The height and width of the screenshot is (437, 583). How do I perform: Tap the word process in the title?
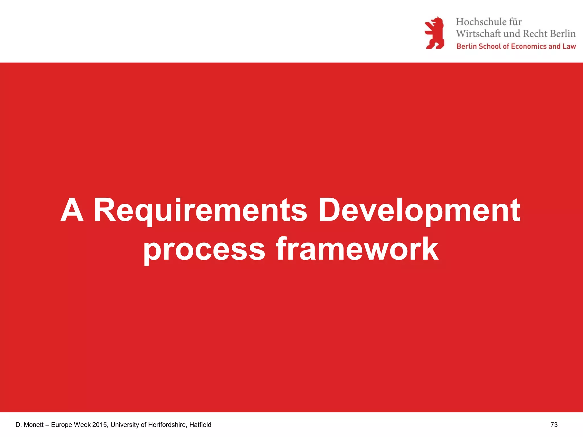(204, 250)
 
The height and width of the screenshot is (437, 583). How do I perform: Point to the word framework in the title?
(357, 250)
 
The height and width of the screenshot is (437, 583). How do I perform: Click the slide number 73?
(554, 425)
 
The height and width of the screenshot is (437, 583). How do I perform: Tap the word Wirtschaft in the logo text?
(478, 34)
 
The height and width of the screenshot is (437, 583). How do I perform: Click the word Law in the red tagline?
(569, 46)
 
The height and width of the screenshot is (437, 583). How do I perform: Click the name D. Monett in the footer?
(30, 425)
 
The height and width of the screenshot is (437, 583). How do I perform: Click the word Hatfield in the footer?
(200, 425)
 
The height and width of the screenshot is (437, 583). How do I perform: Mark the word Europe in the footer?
(61, 425)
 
